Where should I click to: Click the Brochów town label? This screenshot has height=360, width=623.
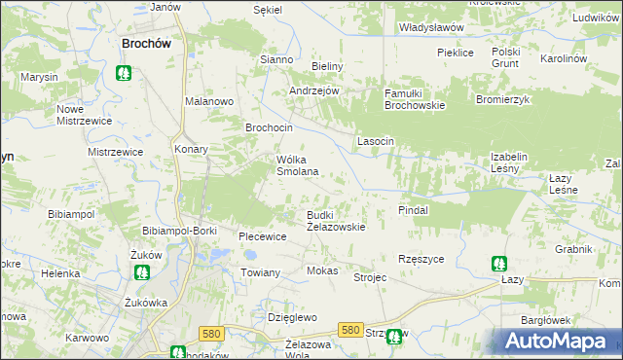coord(146,43)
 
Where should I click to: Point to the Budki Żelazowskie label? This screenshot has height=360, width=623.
coord(336,220)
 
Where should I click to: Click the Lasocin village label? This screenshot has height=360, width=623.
coord(376,141)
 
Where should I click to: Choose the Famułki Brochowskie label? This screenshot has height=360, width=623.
coord(415,98)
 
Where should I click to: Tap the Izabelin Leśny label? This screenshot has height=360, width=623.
coord(518,162)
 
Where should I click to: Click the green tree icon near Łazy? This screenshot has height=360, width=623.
coord(498,263)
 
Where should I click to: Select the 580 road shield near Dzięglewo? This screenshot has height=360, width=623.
coord(210,334)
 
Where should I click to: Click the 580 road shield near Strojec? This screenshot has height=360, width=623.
coord(352,330)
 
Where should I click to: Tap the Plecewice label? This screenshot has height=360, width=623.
coord(262,236)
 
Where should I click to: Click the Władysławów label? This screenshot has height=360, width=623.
coord(431,28)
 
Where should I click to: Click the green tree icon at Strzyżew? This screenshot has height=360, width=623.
coord(394,338)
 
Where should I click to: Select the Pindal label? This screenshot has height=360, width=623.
coord(414,209)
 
